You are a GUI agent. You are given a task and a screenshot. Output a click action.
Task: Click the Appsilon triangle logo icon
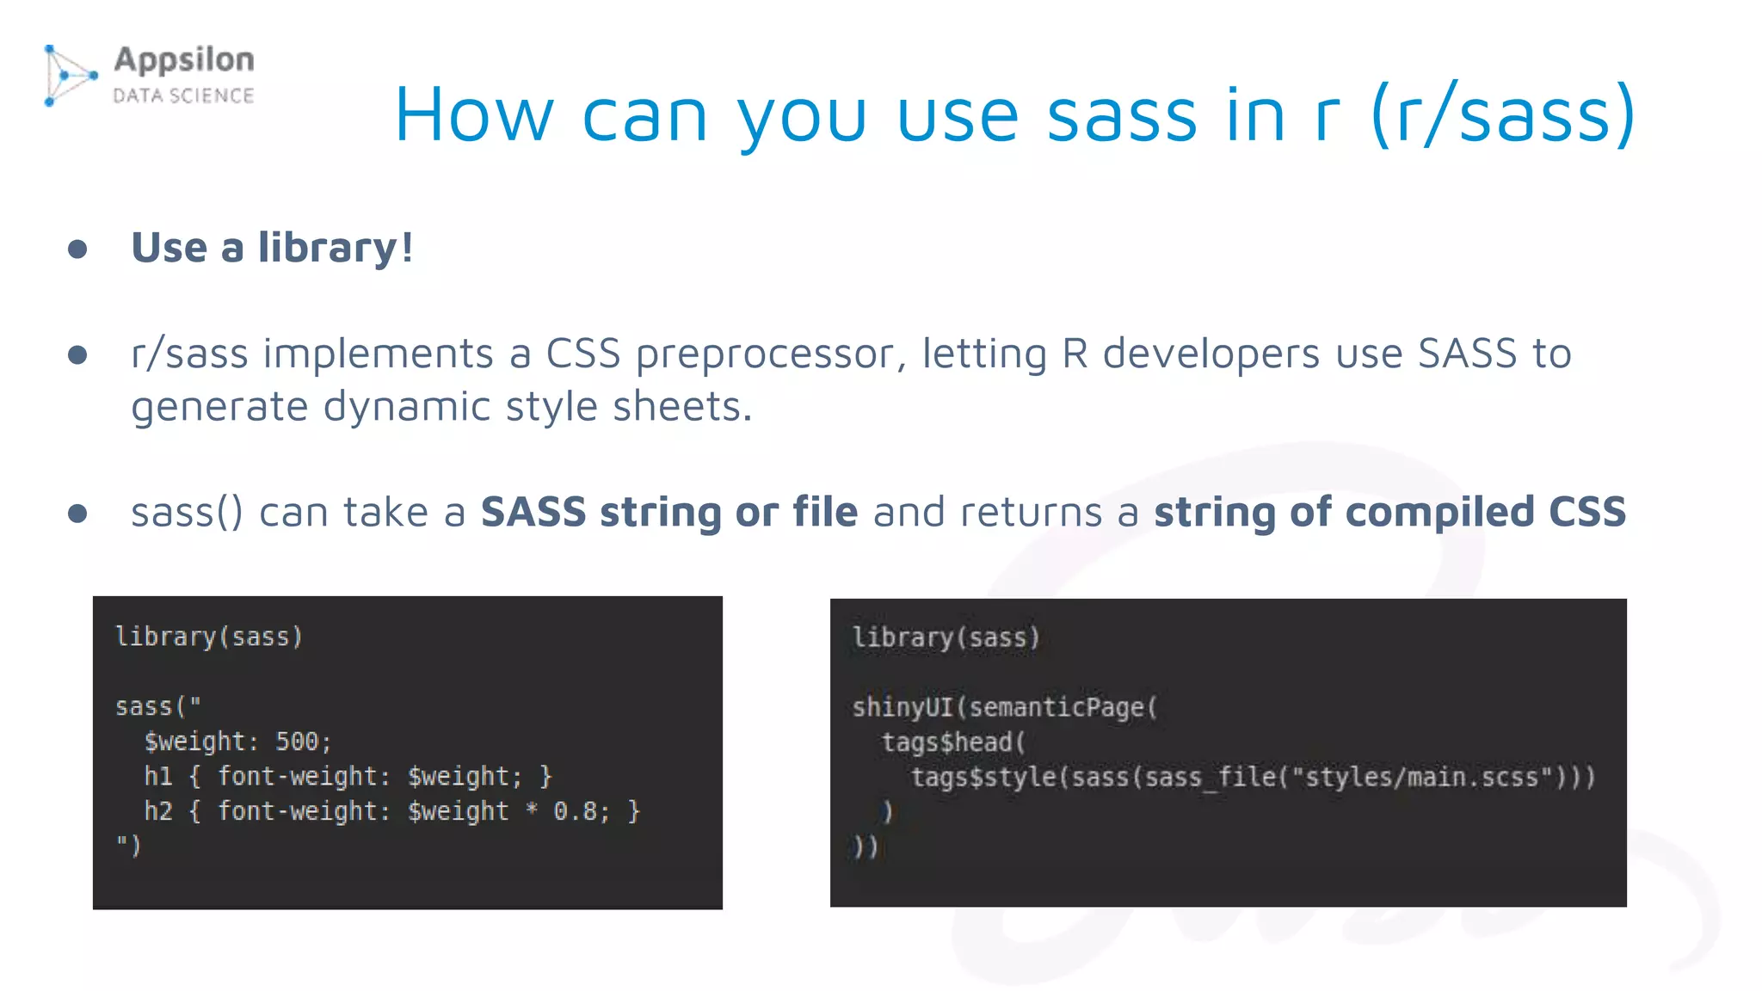69,76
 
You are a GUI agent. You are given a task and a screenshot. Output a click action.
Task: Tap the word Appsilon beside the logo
184,60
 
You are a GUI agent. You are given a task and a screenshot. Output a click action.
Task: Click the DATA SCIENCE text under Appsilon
184,95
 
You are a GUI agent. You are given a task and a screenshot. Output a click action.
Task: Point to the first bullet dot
77,249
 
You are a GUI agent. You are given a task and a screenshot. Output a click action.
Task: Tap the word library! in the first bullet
336,249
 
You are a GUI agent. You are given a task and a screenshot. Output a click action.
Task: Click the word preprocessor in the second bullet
771,354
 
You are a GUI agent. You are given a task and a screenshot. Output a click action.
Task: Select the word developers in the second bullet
1211,354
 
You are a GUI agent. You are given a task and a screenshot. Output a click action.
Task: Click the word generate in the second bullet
219,407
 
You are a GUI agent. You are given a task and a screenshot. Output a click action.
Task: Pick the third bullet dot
77,514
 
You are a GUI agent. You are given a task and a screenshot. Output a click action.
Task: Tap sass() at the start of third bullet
187,513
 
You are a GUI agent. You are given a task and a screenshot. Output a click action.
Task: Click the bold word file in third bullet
825,512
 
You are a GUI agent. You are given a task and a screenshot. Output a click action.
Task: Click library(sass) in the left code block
209,637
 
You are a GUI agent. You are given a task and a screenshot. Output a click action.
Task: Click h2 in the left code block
158,811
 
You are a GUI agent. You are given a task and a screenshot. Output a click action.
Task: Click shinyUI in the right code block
903,707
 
